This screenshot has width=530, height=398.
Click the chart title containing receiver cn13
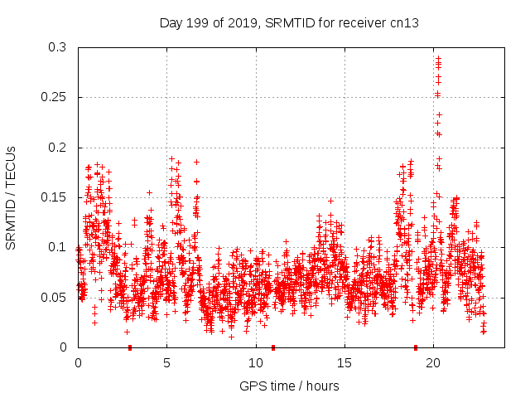[289, 22]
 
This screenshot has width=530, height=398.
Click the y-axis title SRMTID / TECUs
[11, 197]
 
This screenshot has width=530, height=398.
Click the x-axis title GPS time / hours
[289, 386]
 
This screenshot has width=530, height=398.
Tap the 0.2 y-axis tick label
[59, 148]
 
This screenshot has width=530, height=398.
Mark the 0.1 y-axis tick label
[59, 247]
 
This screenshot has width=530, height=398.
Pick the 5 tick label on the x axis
[166, 363]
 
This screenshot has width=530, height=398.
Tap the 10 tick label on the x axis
[255, 363]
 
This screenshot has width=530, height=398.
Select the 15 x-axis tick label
[344, 363]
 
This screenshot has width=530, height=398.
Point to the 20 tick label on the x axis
[433, 363]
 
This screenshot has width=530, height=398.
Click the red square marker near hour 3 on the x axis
[130, 347]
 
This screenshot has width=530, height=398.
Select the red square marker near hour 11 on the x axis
[273, 347]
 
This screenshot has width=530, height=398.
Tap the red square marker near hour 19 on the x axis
[416, 347]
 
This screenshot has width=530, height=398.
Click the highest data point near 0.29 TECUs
[438, 58]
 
